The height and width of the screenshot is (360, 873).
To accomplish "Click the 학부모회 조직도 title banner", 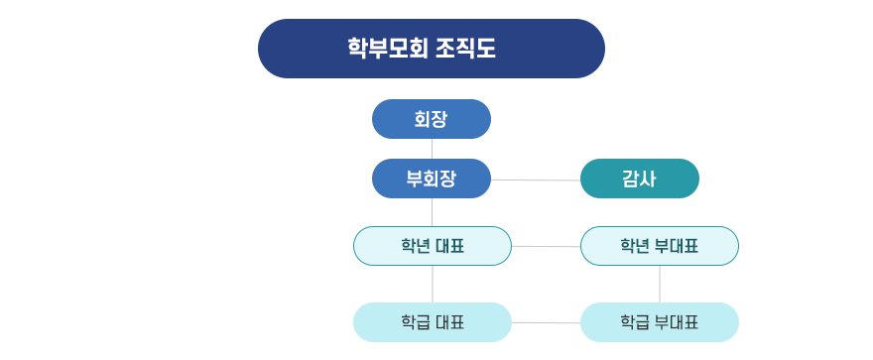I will [x=431, y=49].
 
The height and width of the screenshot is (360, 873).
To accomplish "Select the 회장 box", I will [x=431, y=119].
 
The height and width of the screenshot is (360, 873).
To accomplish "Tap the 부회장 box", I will [x=431, y=179].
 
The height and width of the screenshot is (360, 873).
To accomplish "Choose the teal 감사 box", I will [x=639, y=179].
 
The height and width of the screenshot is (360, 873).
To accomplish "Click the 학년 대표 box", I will [x=432, y=246].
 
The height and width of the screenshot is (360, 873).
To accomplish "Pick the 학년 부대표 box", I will [x=659, y=246].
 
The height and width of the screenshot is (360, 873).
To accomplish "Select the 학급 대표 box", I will [x=432, y=322].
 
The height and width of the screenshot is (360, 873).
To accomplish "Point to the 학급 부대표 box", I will [x=659, y=322].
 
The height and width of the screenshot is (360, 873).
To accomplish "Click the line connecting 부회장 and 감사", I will [x=536, y=180].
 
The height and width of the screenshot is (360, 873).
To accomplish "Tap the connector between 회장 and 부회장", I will [x=432, y=149].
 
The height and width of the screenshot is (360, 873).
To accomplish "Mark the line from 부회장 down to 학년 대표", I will [x=432, y=212].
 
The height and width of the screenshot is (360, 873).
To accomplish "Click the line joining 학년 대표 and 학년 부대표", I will [x=546, y=246].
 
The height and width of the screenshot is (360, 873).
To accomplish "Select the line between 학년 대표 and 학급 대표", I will [x=432, y=284].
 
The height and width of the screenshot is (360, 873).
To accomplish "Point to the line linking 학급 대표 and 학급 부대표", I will [x=546, y=322].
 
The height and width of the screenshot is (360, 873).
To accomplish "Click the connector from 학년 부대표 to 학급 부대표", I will [x=660, y=284].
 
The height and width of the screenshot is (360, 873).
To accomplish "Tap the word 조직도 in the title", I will [x=465, y=49].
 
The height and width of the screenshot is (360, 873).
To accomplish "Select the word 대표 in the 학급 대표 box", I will [x=449, y=322].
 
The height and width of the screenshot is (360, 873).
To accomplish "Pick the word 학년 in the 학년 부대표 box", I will [x=635, y=246].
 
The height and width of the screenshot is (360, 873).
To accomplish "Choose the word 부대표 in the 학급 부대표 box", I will [x=676, y=322].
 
